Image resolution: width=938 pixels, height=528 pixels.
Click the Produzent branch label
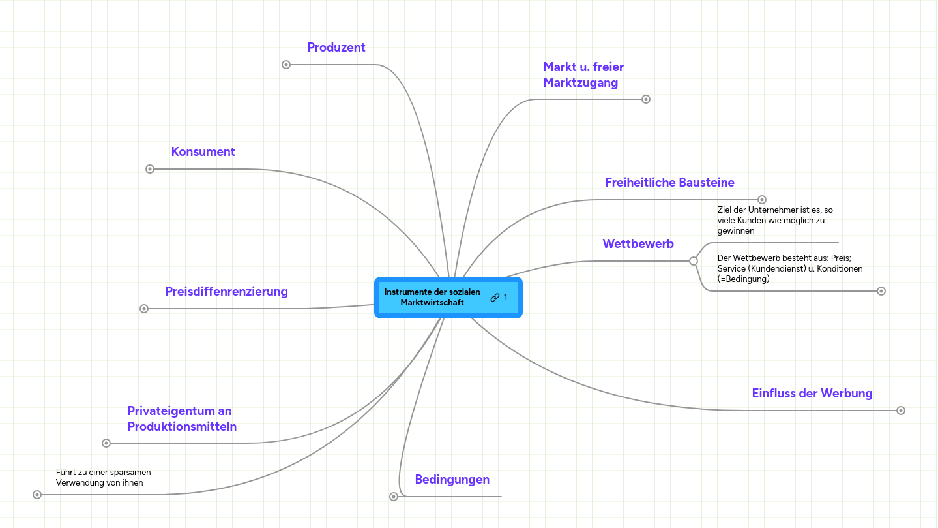pos(336,48)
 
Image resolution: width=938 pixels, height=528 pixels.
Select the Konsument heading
pos(203,152)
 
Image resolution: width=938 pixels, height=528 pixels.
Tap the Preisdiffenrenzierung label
pos(227,292)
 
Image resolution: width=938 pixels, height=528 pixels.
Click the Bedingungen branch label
pos(452,479)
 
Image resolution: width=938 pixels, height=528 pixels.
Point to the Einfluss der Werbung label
pos(812,394)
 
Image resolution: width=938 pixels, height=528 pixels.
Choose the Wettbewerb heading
pos(638,243)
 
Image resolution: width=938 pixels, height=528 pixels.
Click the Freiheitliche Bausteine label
pos(669,183)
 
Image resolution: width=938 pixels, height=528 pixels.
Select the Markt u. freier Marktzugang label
pos(584,74)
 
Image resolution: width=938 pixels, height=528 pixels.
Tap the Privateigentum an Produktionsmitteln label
pos(182,418)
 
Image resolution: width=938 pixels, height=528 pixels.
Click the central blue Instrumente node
pos(448,298)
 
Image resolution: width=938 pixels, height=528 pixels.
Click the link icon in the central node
pos(495,298)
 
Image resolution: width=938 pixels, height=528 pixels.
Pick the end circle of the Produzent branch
pos(286,65)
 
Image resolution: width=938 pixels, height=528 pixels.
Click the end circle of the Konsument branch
pos(150,169)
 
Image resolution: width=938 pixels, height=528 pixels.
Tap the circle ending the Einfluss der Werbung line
pos(901,411)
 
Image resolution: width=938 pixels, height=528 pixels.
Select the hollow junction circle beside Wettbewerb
pos(694,261)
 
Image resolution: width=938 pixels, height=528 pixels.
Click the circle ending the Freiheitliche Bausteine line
pos(762,200)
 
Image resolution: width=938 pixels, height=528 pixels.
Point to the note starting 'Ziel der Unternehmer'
pos(775,220)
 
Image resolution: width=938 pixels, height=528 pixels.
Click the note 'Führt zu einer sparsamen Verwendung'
pos(104,477)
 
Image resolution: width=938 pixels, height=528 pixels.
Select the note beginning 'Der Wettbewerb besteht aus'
pos(790,268)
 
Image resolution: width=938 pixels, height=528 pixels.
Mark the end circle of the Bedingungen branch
pos(394,497)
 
